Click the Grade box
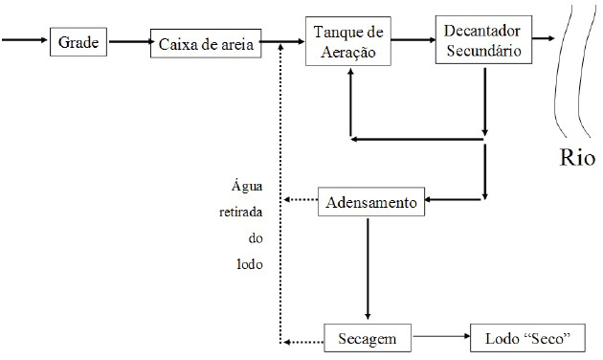coord(78,42)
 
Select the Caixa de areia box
coord(206,44)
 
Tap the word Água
coord(245,186)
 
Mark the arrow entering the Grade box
coord(25,41)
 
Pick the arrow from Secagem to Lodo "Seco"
coord(442,339)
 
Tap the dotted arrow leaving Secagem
coord(300,340)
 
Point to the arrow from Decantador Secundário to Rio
coord(542,40)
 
